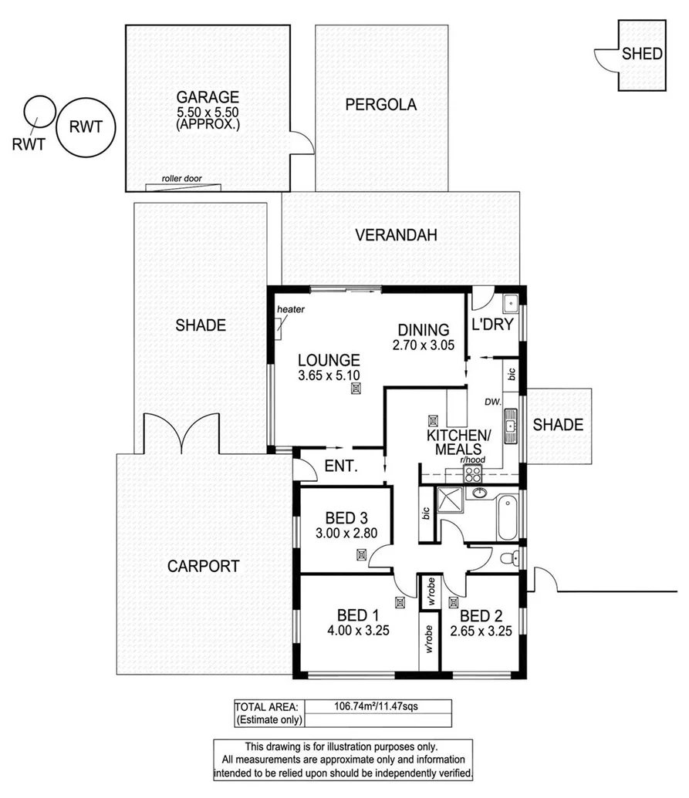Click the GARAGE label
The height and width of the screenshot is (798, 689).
[208, 97]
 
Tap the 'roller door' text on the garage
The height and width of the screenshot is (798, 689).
[182, 179]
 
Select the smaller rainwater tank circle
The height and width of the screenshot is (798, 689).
[38, 110]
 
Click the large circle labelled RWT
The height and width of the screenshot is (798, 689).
[85, 127]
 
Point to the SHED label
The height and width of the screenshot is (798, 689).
[641, 54]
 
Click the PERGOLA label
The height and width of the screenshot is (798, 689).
[381, 105]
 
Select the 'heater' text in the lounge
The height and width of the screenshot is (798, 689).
[292, 310]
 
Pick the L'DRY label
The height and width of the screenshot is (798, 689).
[491, 325]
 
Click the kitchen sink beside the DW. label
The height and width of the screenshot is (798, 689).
[510, 426]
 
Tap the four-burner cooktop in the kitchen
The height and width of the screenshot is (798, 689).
[472, 473]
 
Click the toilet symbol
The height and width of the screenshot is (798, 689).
[508, 558]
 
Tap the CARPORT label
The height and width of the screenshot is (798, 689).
[204, 566]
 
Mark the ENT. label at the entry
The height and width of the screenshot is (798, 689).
[339, 466]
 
